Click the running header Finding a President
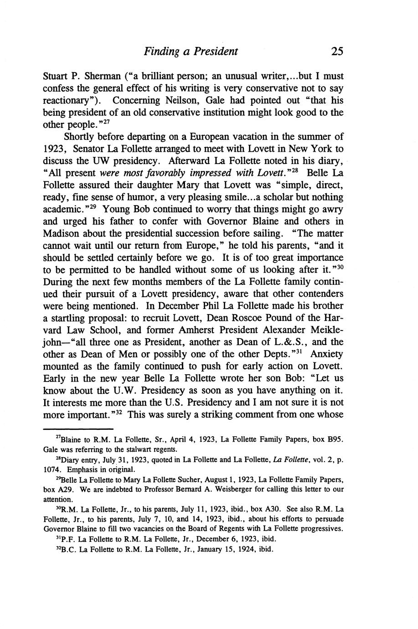point(191,51)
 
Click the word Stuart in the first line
point(56,76)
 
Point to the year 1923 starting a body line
point(54,149)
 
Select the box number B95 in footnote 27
point(334,440)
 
